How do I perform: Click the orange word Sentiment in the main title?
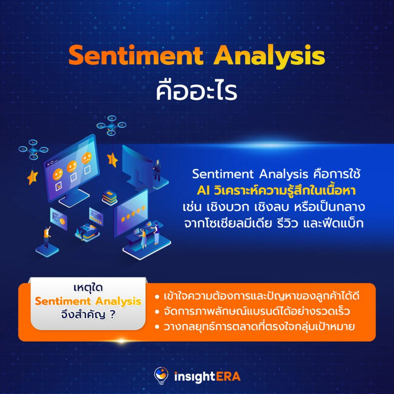(x=136, y=55)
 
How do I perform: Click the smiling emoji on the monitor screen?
(x=58, y=174)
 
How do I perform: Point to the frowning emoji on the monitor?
(x=87, y=158)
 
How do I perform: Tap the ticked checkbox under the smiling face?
(x=58, y=186)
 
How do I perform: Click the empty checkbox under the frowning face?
(x=87, y=170)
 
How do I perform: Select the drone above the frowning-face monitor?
(x=111, y=125)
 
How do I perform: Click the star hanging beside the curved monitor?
(x=113, y=160)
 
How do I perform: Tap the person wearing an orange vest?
(x=47, y=237)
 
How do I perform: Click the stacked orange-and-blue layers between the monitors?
(x=110, y=197)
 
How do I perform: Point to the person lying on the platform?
(x=87, y=230)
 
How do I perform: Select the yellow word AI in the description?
(x=203, y=191)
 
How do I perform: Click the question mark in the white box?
(x=113, y=314)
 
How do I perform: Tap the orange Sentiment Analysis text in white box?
(x=88, y=301)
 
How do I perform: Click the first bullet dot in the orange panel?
(x=157, y=297)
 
